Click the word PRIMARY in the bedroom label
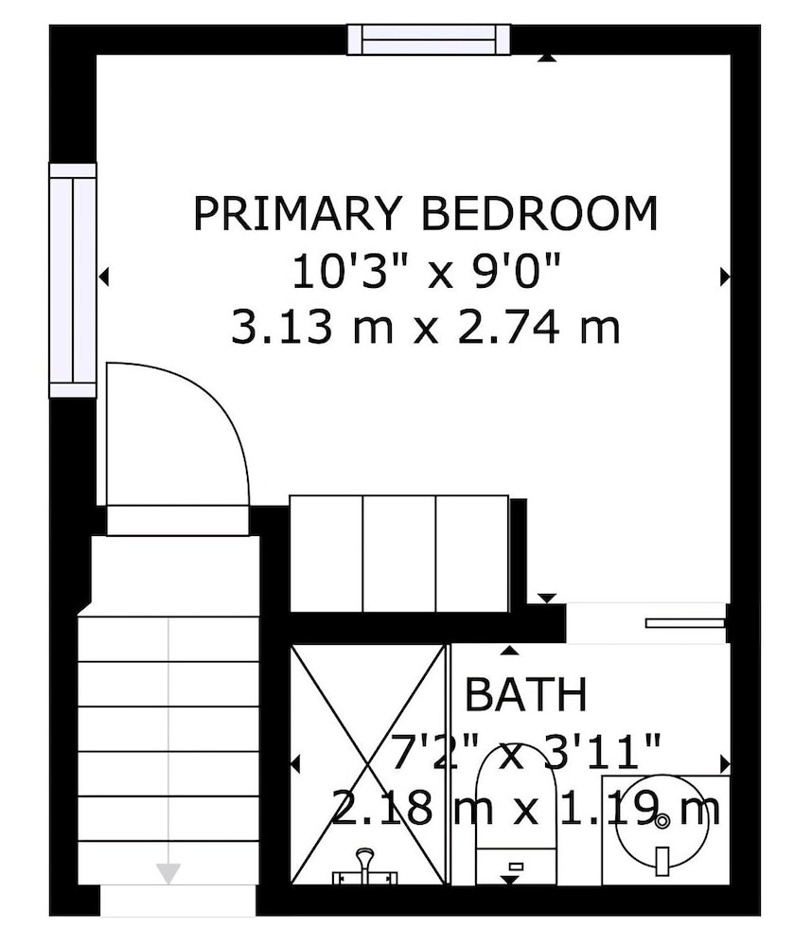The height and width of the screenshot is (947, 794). click(297, 213)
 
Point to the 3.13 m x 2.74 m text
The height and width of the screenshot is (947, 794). click(426, 327)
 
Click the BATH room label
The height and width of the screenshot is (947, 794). click(525, 694)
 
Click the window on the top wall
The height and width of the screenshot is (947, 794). click(429, 39)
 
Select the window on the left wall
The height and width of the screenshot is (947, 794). click(73, 280)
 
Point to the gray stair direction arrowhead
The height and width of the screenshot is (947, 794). click(168, 873)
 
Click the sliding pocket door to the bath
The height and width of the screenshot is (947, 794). click(685, 623)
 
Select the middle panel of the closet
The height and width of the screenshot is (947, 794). click(399, 554)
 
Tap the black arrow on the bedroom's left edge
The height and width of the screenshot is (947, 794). click(103, 277)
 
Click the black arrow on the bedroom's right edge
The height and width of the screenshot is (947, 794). click(725, 277)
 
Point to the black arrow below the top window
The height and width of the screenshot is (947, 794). click(547, 58)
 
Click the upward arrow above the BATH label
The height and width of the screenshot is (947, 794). click(510, 650)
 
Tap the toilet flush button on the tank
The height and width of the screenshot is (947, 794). click(516, 867)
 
